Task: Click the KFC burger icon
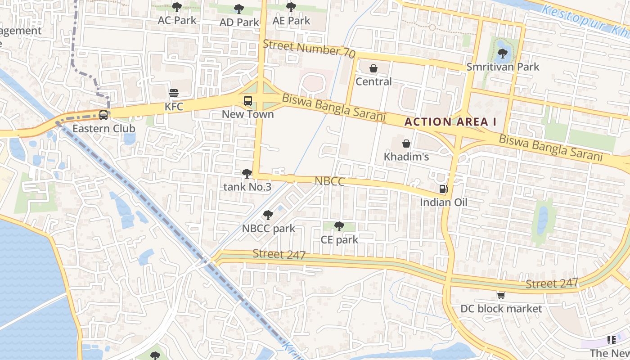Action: click(x=174, y=94)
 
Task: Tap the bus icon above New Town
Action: click(x=248, y=101)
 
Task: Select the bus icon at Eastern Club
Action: click(x=103, y=115)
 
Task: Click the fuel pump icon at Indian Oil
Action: click(x=443, y=189)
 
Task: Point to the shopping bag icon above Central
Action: click(x=373, y=68)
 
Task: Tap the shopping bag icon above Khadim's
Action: click(x=406, y=144)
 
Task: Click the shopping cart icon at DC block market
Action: click(x=501, y=296)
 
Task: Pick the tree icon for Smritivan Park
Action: click(x=502, y=54)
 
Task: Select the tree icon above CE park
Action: click(x=339, y=226)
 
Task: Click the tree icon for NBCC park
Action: click(x=268, y=215)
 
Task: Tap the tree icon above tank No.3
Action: click(x=247, y=173)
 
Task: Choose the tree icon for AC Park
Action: click(x=177, y=7)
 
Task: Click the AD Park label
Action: click(x=239, y=22)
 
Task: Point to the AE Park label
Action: click(x=292, y=21)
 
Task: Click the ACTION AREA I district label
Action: click(x=446, y=121)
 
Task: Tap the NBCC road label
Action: click(x=329, y=181)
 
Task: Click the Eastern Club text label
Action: click(x=104, y=128)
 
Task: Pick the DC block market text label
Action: click(x=501, y=309)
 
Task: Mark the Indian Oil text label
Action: click(x=444, y=202)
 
